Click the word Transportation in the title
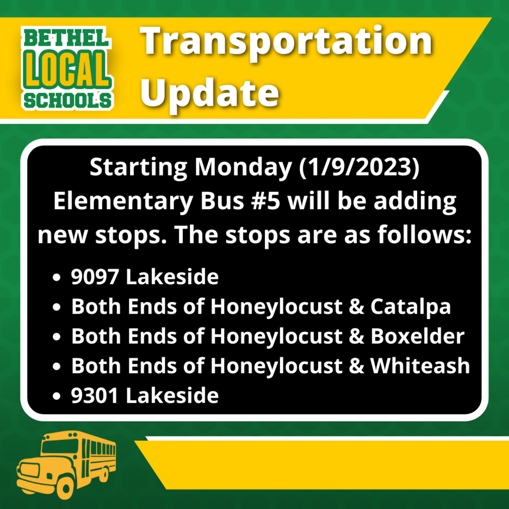tap(286, 42)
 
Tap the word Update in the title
tap(210, 93)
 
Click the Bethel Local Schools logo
tap(68, 68)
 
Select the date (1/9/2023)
tap(359, 168)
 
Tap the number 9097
tap(94, 277)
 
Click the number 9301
tap(94, 396)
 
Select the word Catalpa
tap(411, 307)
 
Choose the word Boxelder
tap(418, 336)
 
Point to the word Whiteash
tap(420, 366)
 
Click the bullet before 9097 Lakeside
tap(57, 277)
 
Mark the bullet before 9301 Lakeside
tap(57, 396)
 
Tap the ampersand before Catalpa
tap(356, 306)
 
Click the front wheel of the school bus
tap(65, 487)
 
